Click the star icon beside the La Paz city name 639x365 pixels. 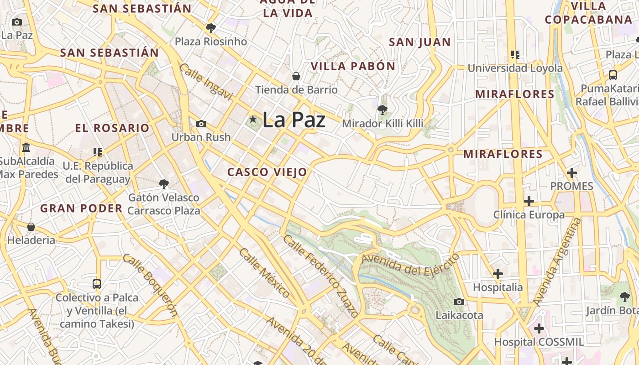[x=253, y=119]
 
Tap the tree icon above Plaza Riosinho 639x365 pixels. [x=210, y=28]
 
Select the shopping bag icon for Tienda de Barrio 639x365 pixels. [x=296, y=76]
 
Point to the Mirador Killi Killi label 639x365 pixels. [x=382, y=123]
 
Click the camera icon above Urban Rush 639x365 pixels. [x=201, y=124]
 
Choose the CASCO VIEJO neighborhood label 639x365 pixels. [x=267, y=172]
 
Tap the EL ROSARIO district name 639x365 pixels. [x=112, y=128]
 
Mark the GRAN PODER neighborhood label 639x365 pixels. [x=81, y=209]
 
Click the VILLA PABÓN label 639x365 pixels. [x=353, y=66]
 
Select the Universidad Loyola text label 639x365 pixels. [x=515, y=68]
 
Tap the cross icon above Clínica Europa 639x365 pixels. [x=529, y=201]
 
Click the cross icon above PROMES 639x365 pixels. [x=571, y=173]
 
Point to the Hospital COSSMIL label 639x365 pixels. [x=539, y=342]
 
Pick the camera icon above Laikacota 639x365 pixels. [x=459, y=302]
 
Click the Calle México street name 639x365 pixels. [x=264, y=272]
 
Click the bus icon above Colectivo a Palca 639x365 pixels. [x=97, y=284]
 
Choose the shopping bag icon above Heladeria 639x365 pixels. [x=31, y=227]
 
